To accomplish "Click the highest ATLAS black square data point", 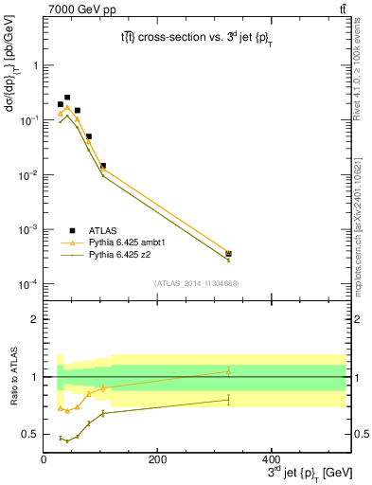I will pyautogui.click(x=66, y=98).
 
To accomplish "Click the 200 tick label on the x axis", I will pyautogui.click(x=157, y=460).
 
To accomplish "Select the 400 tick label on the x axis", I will pyautogui.click(x=271, y=460).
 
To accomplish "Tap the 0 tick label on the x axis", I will pyautogui.click(x=44, y=460).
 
